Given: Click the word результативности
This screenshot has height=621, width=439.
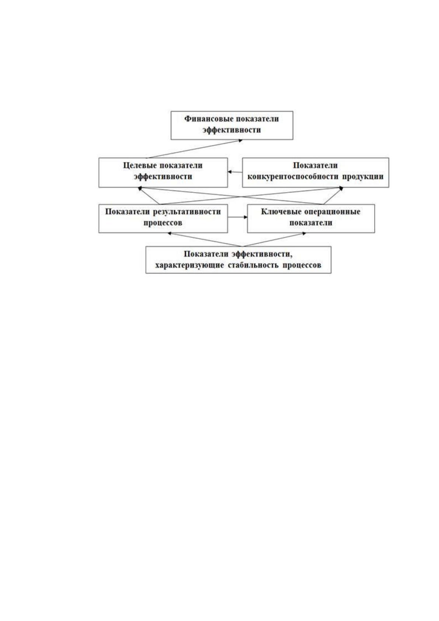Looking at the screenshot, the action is (187, 212).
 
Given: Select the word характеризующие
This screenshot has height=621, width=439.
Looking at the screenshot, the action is (189, 265).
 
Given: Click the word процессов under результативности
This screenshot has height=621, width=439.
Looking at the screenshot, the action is (163, 223).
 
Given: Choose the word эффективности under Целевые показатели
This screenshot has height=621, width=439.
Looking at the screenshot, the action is (163, 177).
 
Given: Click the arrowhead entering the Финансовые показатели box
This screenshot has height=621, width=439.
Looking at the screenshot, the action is (241, 140).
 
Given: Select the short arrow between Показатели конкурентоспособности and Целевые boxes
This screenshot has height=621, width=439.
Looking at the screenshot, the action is (235, 172).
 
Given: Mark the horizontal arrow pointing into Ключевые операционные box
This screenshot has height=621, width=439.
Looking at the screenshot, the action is (237, 217).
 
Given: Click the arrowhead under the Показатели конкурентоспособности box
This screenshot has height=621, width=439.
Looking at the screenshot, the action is (341, 188).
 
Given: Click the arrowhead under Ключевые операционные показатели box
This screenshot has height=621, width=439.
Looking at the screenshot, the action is (304, 234).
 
